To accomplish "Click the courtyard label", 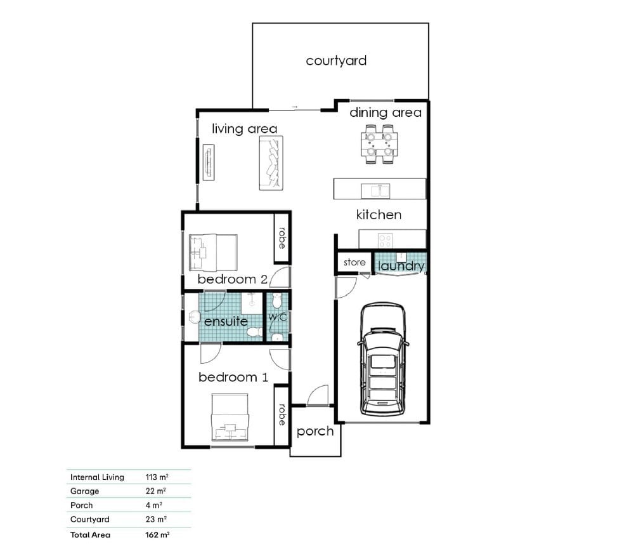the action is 336,61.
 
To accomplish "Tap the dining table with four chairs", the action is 379,144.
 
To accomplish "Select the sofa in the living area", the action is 271,163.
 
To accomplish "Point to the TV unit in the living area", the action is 209,162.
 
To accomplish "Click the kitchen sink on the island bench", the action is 375,190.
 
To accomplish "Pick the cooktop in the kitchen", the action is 385,240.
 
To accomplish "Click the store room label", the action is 354,262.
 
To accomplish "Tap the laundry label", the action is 401,266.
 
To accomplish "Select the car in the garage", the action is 383,359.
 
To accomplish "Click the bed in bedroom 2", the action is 214,252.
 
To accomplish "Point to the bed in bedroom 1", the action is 230,417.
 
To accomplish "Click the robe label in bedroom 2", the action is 282,238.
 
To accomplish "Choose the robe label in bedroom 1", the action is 282,415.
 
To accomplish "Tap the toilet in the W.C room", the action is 277,301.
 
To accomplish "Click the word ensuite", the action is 226,321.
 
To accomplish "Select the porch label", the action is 315,432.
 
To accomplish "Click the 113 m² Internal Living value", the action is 157,477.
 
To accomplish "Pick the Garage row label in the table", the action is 84,491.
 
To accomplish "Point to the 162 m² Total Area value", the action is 157,535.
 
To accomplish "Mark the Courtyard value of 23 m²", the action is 156,519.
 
